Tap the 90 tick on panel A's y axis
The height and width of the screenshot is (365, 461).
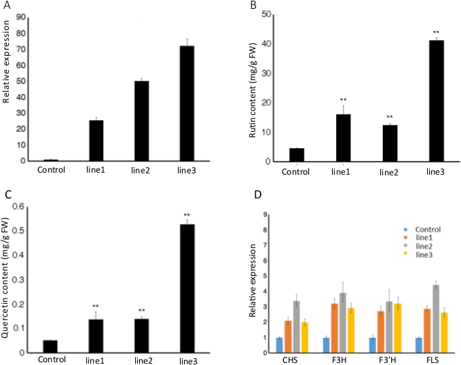(x=22, y=16)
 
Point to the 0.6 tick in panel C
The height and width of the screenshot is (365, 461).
(x=24, y=207)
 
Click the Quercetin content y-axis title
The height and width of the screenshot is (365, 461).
(x=7, y=278)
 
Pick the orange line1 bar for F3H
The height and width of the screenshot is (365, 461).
(x=334, y=328)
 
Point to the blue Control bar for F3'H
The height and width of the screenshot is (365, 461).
(x=371, y=345)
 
